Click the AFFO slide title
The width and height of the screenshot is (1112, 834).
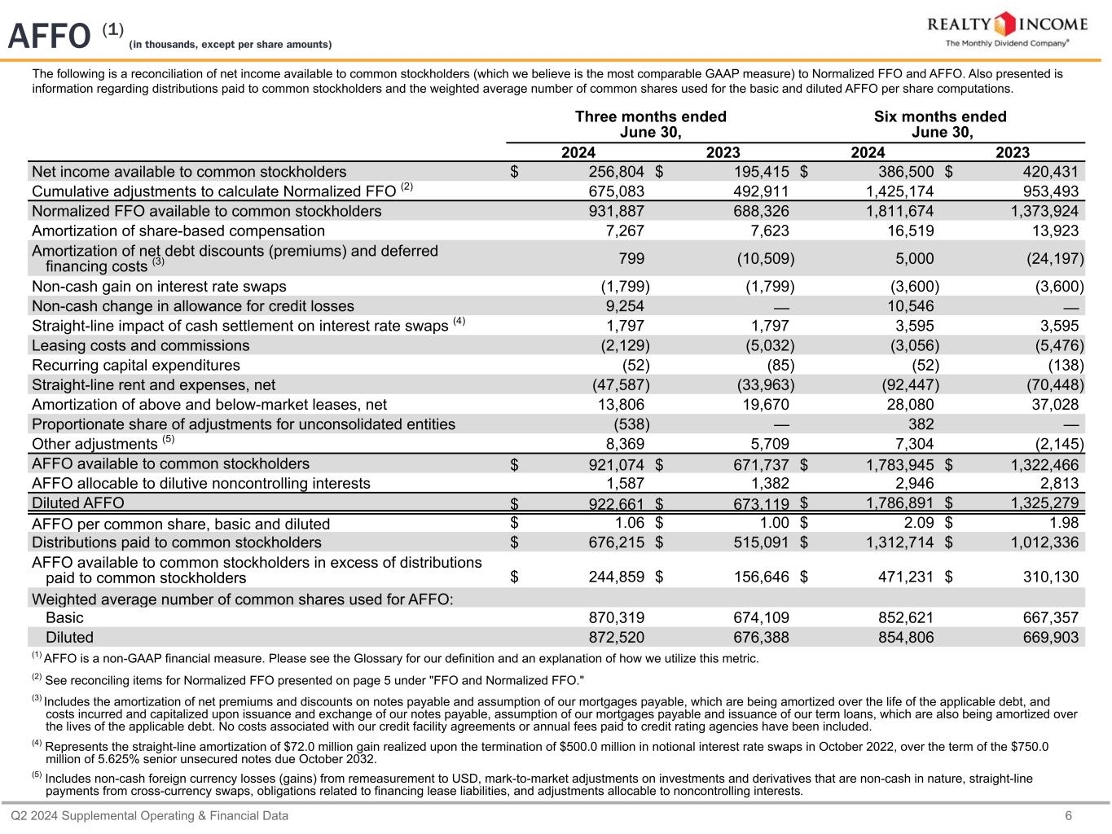49,36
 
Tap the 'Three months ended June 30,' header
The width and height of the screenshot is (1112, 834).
650,125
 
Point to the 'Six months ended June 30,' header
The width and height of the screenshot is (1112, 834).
940,125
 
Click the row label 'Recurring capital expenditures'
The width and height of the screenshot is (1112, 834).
136,365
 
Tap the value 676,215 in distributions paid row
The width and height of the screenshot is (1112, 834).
616,542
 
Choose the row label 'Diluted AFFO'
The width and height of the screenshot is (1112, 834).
78,503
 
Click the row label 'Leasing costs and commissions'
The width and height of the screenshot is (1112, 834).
141,345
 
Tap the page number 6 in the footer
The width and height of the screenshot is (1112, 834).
1068,816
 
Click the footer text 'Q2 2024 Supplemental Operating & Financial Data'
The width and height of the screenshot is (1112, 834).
149,816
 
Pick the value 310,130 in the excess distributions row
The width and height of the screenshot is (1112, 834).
1050,577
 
